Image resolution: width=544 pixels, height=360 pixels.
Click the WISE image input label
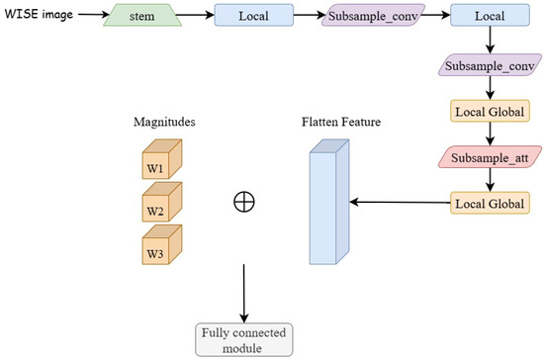pyautogui.click(x=34, y=16)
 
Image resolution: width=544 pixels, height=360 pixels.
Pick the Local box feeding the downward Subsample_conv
pyautogui.click(x=490, y=16)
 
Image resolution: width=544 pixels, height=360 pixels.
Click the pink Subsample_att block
pyautogui.click(x=490, y=158)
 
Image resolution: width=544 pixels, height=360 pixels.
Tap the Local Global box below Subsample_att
pyautogui.click(x=490, y=203)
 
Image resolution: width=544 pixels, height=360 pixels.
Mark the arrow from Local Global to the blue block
pyautogui.click(x=401, y=203)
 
